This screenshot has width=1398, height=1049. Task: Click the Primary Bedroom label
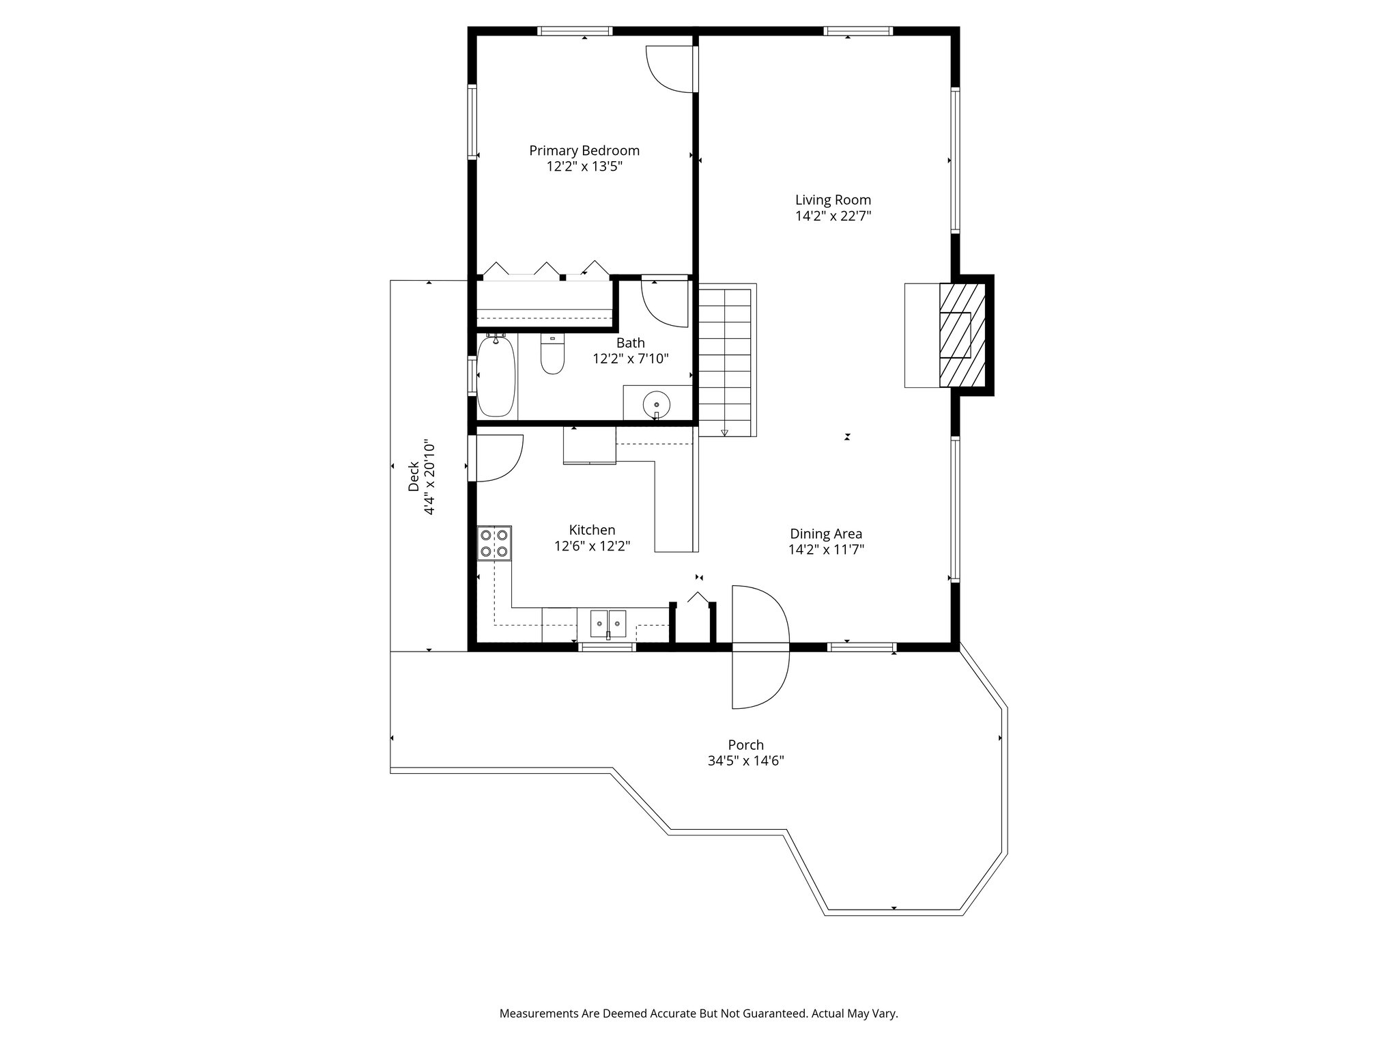point(584,150)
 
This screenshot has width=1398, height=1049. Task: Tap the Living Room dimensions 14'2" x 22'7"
point(833,216)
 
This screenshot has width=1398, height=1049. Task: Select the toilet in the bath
point(553,354)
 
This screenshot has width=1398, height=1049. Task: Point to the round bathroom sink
point(657,404)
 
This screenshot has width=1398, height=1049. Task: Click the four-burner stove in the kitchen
point(494,543)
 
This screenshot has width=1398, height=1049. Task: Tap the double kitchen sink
point(608,624)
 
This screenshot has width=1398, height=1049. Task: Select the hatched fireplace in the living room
point(962,335)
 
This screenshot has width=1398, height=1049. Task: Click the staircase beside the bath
point(725,360)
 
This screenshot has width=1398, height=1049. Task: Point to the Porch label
point(745,745)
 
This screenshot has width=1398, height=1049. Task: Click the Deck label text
point(414,477)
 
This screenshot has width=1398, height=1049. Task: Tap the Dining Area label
point(826,534)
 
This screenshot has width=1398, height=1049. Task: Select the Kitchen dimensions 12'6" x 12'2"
point(592,546)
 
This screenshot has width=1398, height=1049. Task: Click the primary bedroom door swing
point(670,68)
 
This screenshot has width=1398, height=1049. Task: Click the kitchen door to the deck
point(496,458)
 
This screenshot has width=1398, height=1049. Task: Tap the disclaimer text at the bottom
point(698,1013)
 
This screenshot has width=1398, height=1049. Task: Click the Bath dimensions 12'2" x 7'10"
point(630,359)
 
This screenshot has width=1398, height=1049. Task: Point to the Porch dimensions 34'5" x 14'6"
point(745,761)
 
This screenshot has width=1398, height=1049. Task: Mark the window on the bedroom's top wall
point(574,31)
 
